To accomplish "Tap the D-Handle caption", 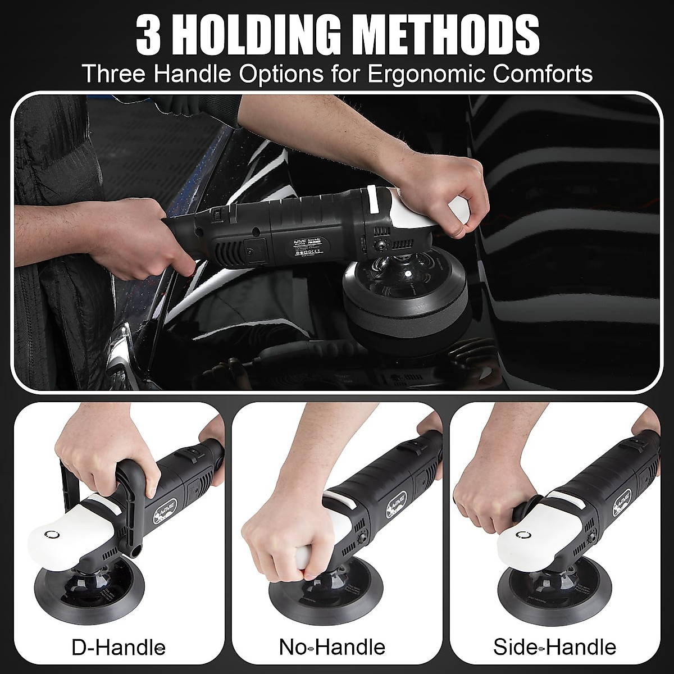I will [119, 646].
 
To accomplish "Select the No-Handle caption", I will [332, 646].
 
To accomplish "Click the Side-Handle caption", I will [554, 646].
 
